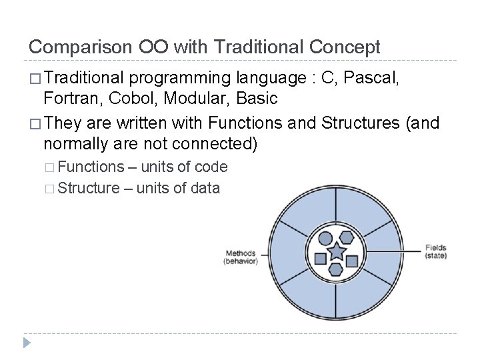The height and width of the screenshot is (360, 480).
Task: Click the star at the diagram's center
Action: coord(337,252)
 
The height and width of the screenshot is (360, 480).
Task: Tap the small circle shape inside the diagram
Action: coord(326,237)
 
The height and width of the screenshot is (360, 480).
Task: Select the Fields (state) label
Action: coord(436,251)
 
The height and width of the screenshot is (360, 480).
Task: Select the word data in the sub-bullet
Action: coord(205,188)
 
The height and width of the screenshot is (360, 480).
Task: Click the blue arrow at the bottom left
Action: coord(27,343)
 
